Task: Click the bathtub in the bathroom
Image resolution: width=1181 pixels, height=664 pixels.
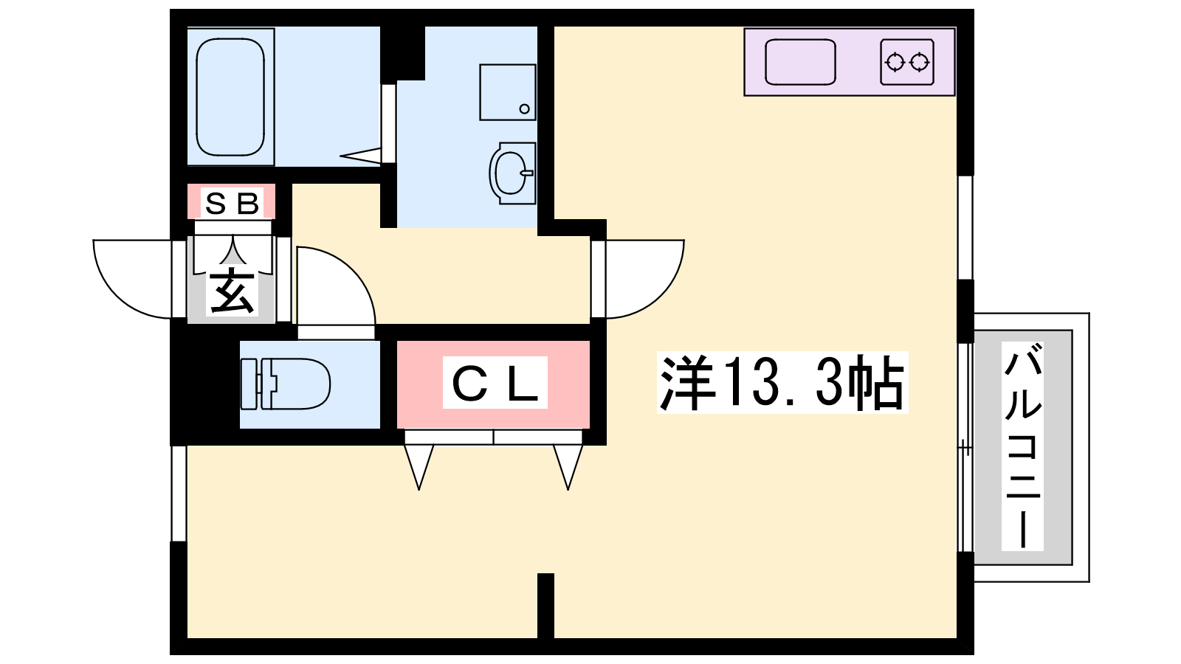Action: pos(230,97)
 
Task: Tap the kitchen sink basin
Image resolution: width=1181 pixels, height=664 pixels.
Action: pos(800,62)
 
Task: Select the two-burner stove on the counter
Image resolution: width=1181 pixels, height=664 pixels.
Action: pos(907,62)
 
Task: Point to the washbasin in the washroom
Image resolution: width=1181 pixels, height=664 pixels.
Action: pos(512,173)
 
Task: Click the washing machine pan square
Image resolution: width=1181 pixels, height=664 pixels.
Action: pos(508,92)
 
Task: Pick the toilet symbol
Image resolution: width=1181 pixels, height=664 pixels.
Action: pos(285,384)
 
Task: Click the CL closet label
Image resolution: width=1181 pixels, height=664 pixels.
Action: pos(495,383)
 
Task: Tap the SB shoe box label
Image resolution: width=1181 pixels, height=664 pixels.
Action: pos(232,203)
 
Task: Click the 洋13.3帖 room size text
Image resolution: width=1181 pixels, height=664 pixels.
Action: pos(782,383)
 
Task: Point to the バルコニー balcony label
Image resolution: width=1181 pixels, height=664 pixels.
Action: pos(1023,446)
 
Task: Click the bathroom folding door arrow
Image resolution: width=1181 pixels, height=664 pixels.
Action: pos(361,156)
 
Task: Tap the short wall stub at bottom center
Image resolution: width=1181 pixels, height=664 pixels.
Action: pos(545,606)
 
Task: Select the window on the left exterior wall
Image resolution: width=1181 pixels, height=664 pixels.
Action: pos(179,494)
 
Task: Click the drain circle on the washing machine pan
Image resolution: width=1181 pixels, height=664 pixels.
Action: pos(524,109)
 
